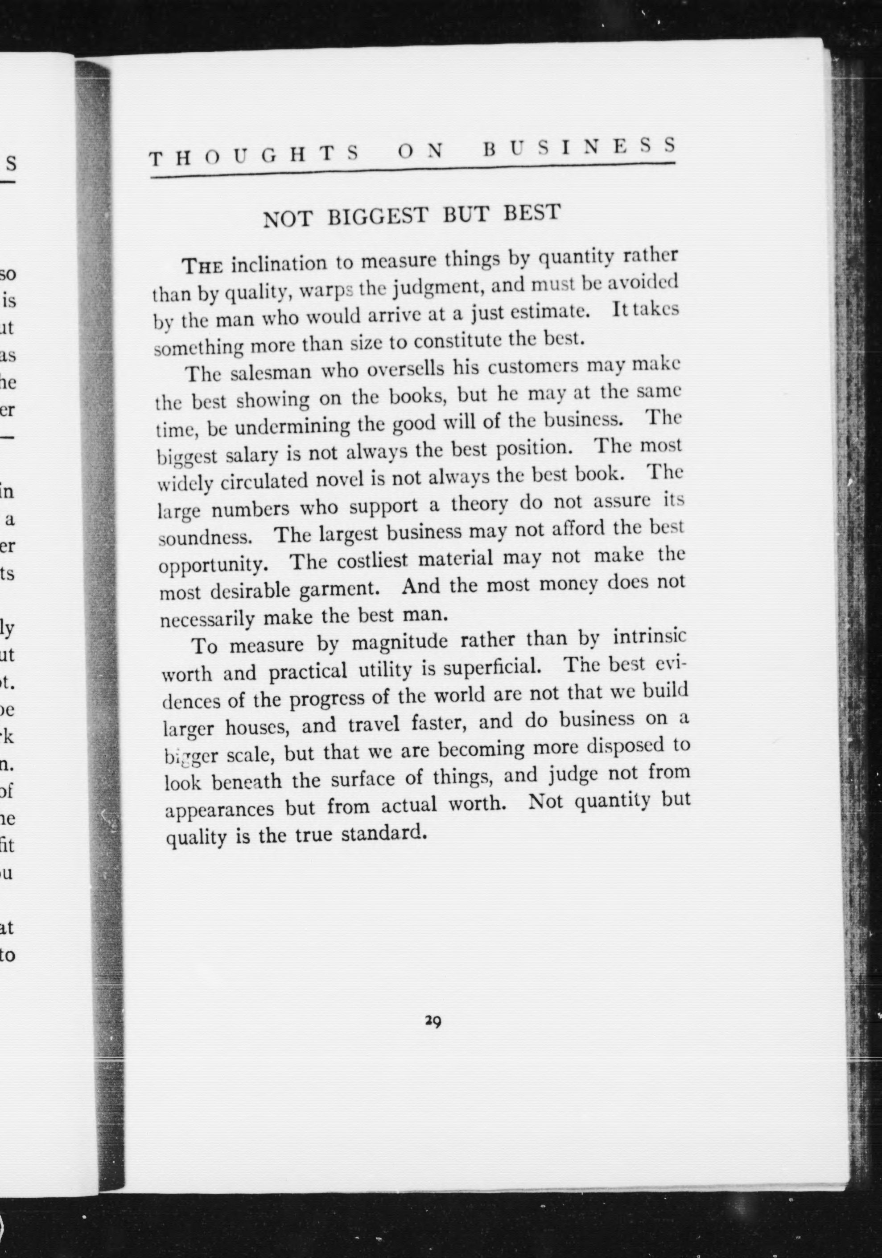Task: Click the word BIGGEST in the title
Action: coord(377,216)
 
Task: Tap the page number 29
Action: coord(433,1020)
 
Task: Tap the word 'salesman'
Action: coord(269,372)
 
